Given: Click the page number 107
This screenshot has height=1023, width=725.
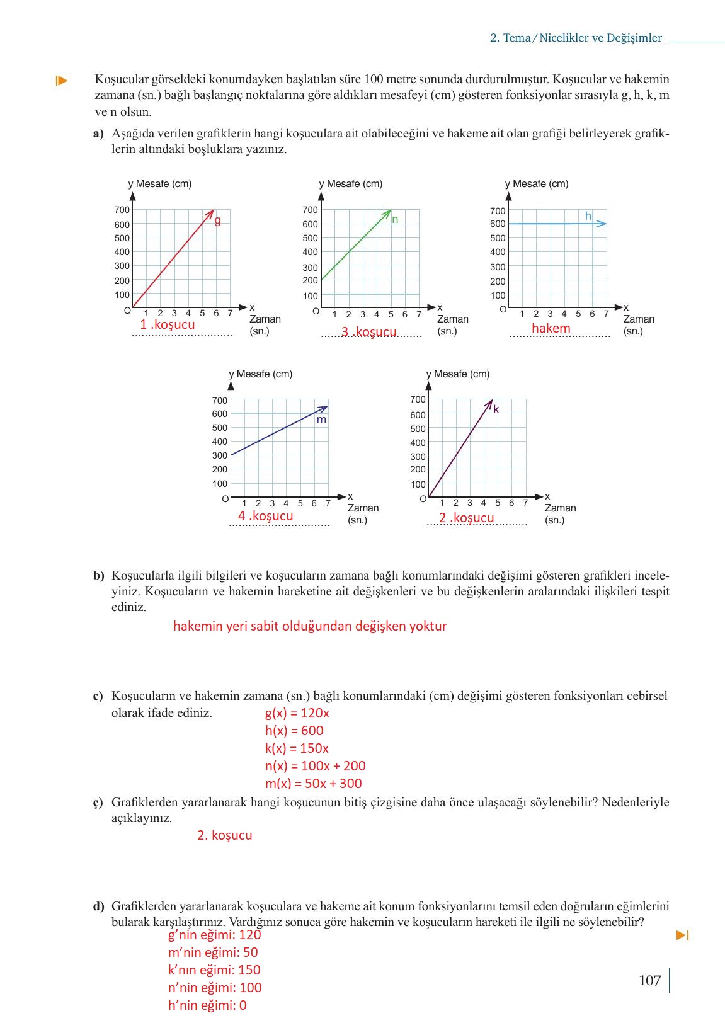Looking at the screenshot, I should click(649, 980).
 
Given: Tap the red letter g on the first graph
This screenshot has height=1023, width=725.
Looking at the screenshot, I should click(218, 220).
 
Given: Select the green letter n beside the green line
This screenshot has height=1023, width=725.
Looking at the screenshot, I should click(395, 219).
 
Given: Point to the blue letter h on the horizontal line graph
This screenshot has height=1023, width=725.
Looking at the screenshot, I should click(588, 216).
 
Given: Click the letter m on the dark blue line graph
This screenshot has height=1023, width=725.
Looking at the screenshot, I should click(321, 420).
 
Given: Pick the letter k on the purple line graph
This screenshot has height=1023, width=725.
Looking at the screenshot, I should click(496, 409).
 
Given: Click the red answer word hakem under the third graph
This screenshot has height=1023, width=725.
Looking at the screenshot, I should click(551, 328).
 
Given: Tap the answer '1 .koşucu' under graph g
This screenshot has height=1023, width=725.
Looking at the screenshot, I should click(168, 324).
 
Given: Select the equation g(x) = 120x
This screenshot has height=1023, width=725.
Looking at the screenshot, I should click(297, 713).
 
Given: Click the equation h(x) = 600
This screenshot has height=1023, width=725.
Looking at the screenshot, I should click(294, 731).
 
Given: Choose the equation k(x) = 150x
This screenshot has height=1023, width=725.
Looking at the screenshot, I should click(297, 748).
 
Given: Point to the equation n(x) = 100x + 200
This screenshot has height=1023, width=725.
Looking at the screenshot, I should click(315, 766).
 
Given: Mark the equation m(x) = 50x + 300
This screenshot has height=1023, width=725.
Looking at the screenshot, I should click(313, 784).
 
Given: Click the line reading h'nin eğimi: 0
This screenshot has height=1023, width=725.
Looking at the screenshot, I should click(207, 1005).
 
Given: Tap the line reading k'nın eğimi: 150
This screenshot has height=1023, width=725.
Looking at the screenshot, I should click(214, 970).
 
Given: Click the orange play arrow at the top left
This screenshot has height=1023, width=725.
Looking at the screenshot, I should click(61, 80).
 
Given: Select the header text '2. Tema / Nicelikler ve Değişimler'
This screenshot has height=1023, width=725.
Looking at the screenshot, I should click(576, 38).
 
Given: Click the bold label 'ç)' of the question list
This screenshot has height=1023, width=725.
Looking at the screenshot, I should click(98, 803).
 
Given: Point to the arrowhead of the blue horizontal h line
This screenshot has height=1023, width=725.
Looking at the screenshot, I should click(603, 224).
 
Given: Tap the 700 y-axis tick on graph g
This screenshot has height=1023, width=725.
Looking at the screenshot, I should click(122, 210).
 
